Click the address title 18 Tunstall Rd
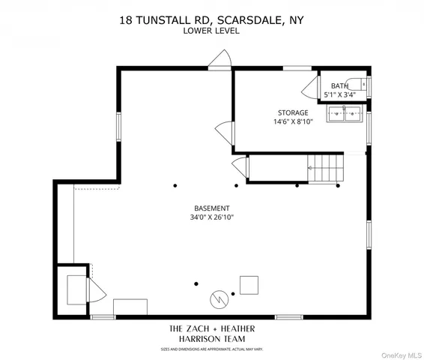coord(212,22)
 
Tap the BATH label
coord(339,86)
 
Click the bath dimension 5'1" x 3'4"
coord(341,95)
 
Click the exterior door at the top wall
coord(220,60)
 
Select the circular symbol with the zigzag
coord(219,298)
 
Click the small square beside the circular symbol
coord(249,285)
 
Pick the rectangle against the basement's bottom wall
coord(130,308)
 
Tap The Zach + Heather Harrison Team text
coord(212,334)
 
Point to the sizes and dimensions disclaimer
coord(212,349)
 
